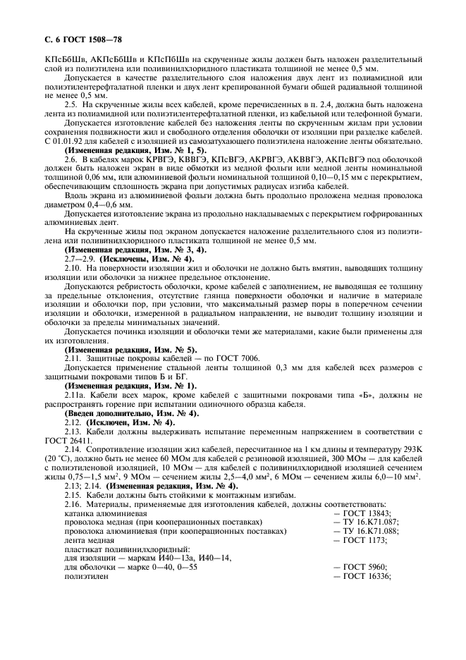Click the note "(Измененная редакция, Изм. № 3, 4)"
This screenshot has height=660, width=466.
point(135,250)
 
